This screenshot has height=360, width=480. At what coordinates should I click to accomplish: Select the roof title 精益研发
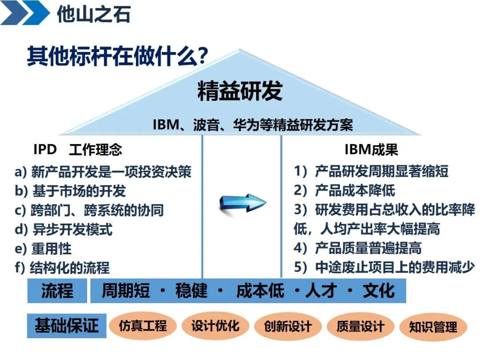click(x=240, y=92)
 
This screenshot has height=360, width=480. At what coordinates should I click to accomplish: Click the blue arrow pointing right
click(x=242, y=203)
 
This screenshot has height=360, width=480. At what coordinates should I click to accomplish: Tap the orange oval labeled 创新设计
click(x=288, y=327)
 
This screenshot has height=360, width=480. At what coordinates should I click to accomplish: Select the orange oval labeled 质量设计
click(x=360, y=327)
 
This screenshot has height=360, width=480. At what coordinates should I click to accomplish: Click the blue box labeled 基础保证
click(x=67, y=326)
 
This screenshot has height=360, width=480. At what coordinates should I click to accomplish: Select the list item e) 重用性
click(x=43, y=248)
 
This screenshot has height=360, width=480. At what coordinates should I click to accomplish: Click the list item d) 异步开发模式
click(x=64, y=229)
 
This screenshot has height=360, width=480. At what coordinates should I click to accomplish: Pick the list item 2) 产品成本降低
click(x=344, y=191)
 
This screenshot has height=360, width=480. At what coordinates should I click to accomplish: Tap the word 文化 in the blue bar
click(x=378, y=291)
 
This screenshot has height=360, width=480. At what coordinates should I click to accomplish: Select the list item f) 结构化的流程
click(x=62, y=268)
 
